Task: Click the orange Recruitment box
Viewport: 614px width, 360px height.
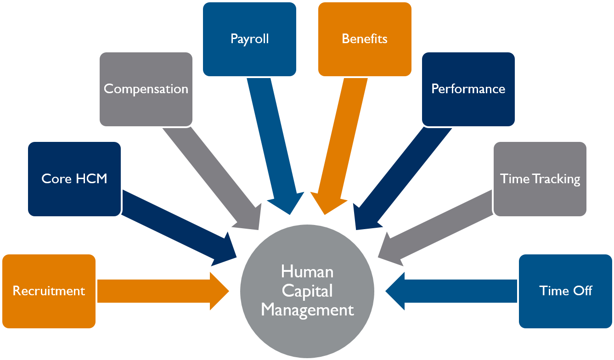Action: [x=49, y=291]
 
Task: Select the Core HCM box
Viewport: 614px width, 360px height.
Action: [x=74, y=179]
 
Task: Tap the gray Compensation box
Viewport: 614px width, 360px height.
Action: [x=146, y=89]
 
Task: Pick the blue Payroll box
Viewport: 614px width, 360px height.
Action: [x=249, y=39]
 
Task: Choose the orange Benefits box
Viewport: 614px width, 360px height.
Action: [x=365, y=39]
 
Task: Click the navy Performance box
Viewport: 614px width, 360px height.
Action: [x=468, y=89]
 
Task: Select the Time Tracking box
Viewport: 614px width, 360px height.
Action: [x=540, y=179]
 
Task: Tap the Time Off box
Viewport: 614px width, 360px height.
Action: [x=565, y=291]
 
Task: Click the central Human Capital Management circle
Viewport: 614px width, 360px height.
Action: [x=307, y=290]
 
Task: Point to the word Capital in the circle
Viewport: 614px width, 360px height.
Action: [x=307, y=291]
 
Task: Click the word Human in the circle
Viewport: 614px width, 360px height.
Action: [x=307, y=271]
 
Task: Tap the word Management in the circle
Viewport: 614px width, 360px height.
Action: [x=307, y=310]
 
